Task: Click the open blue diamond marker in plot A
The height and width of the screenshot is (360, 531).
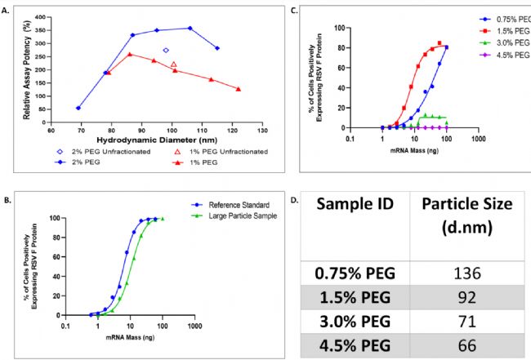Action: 166,51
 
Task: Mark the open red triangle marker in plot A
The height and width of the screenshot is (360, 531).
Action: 174,64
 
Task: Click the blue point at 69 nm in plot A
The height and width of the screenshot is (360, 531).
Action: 78,108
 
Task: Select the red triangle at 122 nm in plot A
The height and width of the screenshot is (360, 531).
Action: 239,89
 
